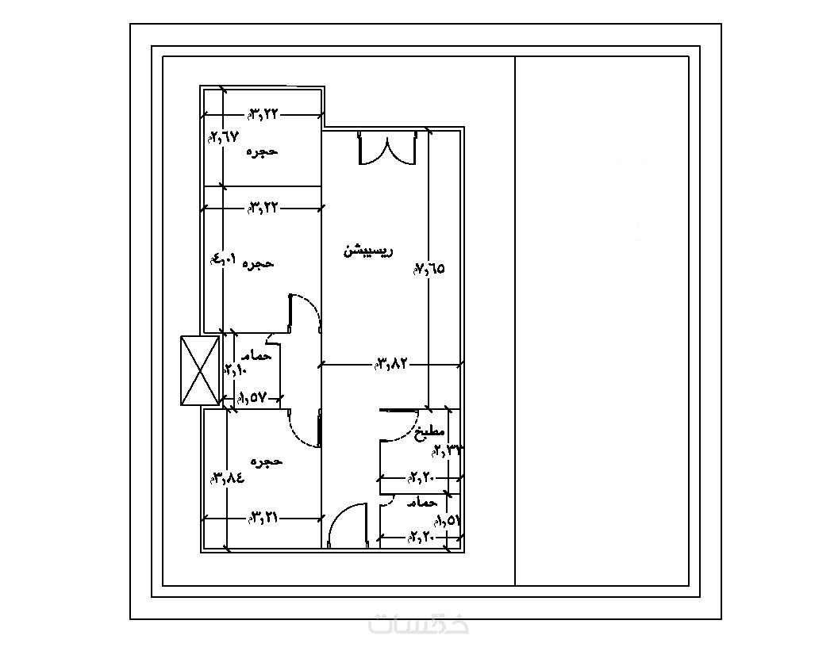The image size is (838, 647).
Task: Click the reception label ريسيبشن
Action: click(x=367, y=251)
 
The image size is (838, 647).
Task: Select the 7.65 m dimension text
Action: click(x=429, y=269)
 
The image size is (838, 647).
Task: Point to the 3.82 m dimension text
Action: click(x=391, y=364)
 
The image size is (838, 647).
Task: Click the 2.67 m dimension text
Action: click(x=223, y=136)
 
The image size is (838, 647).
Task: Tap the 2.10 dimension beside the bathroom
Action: click(x=236, y=370)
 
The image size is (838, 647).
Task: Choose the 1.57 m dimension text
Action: click(x=250, y=399)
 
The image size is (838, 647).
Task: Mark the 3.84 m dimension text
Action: click(x=227, y=478)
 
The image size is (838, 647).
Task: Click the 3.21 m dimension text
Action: click(x=263, y=518)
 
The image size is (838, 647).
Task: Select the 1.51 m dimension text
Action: click(x=448, y=520)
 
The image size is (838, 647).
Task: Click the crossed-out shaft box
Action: click(x=200, y=370)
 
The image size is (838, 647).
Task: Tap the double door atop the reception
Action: click(x=386, y=147)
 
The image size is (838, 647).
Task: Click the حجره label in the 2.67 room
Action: click(x=262, y=151)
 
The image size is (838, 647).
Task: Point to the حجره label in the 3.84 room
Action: click(x=266, y=461)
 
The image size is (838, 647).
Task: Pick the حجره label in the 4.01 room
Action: click(x=257, y=262)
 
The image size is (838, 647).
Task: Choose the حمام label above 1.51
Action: click(x=422, y=503)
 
